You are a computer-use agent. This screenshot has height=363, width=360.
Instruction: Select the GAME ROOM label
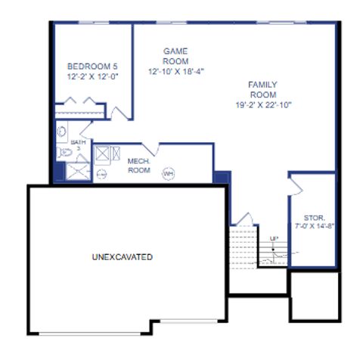[175, 56]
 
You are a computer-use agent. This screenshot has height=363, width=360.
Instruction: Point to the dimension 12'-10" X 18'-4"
[176, 72]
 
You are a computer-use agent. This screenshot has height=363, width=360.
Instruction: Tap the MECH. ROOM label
[138, 166]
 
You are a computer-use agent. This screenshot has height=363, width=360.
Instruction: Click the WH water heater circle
[168, 173]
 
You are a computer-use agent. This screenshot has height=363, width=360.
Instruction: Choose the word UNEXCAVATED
[122, 257]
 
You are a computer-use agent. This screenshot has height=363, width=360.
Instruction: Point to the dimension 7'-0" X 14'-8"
[313, 226]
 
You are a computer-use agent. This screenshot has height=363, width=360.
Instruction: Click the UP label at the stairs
[273, 240]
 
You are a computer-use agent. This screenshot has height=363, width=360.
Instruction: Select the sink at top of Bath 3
[62, 131]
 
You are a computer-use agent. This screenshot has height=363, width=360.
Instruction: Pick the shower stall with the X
[78, 172]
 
